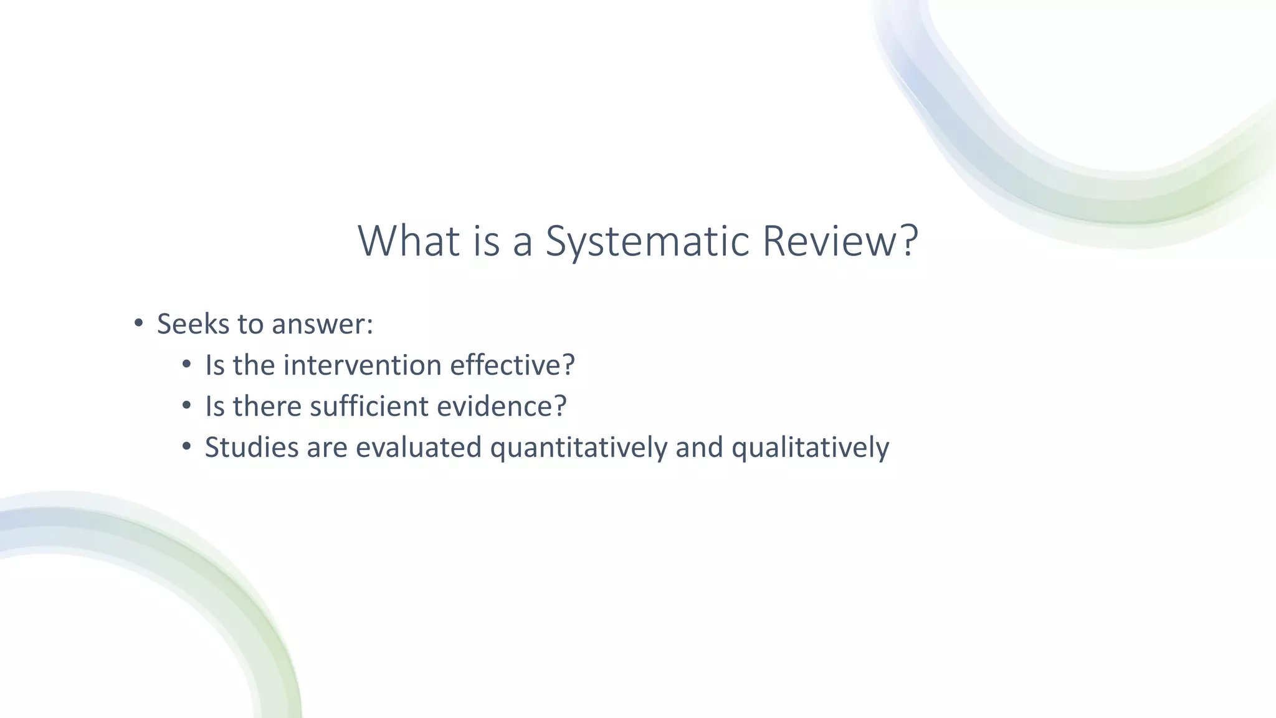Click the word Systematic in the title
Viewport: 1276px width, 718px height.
647,241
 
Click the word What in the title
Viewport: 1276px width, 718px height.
409,241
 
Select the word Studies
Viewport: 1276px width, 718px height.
252,448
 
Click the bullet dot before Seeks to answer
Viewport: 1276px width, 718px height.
138,323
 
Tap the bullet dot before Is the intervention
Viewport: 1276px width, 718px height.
187,365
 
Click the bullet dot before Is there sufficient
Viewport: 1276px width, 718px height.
187,406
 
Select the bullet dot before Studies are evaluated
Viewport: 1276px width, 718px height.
187,447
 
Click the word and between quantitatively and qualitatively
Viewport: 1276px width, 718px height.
699,448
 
